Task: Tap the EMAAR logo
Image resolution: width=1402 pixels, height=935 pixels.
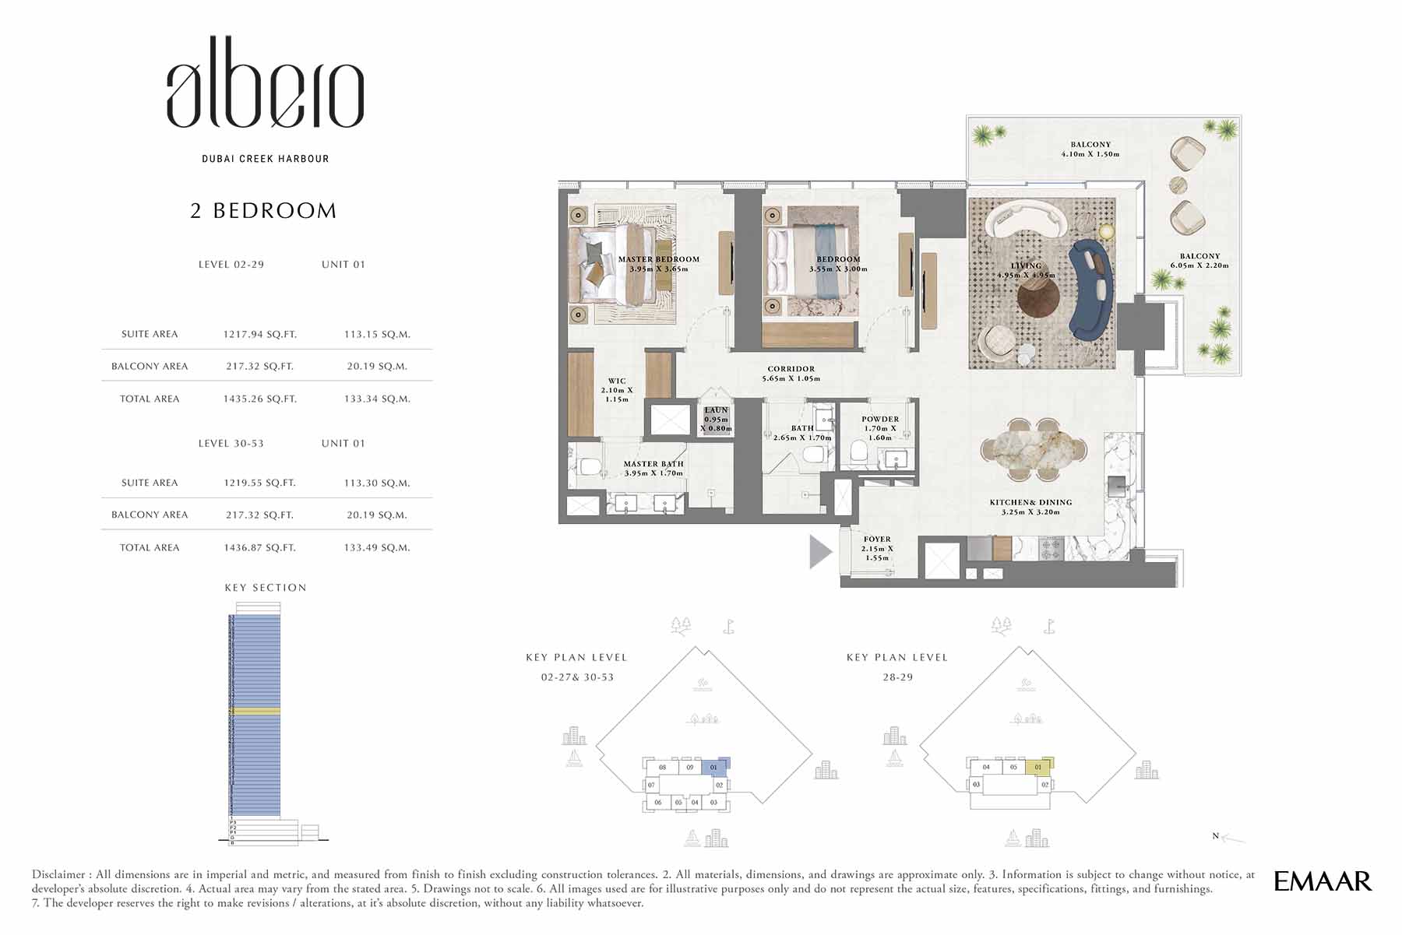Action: pyautogui.click(x=1322, y=881)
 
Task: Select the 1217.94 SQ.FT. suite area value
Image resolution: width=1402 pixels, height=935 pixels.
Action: pyautogui.click(x=259, y=334)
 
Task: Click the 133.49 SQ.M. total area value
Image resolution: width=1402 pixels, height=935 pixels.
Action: pyautogui.click(x=376, y=547)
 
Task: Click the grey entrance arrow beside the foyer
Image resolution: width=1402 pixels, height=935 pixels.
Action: pyautogui.click(x=819, y=552)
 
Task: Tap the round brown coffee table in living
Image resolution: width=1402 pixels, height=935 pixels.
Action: pyautogui.click(x=1037, y=297)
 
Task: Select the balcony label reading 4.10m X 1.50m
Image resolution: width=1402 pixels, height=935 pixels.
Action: pyautogui.click(x=1090, y=149)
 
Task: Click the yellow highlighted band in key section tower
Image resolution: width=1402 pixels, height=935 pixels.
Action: pyautogui.click(x=255, y=712)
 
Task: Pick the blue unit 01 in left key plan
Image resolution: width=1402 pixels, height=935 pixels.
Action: pyautogui.click(x=714, y=767)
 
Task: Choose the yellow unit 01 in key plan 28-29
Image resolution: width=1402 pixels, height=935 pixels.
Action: pyautogui.click(x=1037, y=767)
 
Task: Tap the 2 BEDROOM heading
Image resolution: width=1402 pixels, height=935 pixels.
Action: pyautogui.click(x=263, y=211)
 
